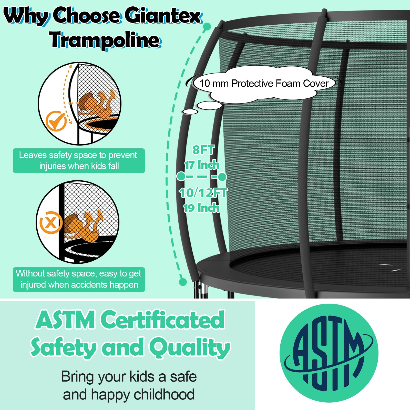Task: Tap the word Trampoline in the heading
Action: click(x=105, y=40)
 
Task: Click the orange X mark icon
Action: click(x=50, y=222)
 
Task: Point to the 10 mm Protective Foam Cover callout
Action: click(x=264, y=84)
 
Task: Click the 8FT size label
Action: click(x=203, y=150)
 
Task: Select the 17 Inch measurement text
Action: click(x=202, y=165)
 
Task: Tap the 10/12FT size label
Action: click(x=203, y=193)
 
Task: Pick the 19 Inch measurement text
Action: click(x=202, y=208)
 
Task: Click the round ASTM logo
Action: click(x=329, y=354)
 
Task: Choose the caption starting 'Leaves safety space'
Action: click(x=79, y=161)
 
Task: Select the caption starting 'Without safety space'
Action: click(x=79, y=279)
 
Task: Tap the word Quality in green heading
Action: click(x=190, y=348)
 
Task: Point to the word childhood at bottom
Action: click(x=164, y=394)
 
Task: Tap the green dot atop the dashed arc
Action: click(x=207, y=26)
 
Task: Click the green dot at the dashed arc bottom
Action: click(x=182, y=282)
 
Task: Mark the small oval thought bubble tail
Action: click(x=190, y=112)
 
